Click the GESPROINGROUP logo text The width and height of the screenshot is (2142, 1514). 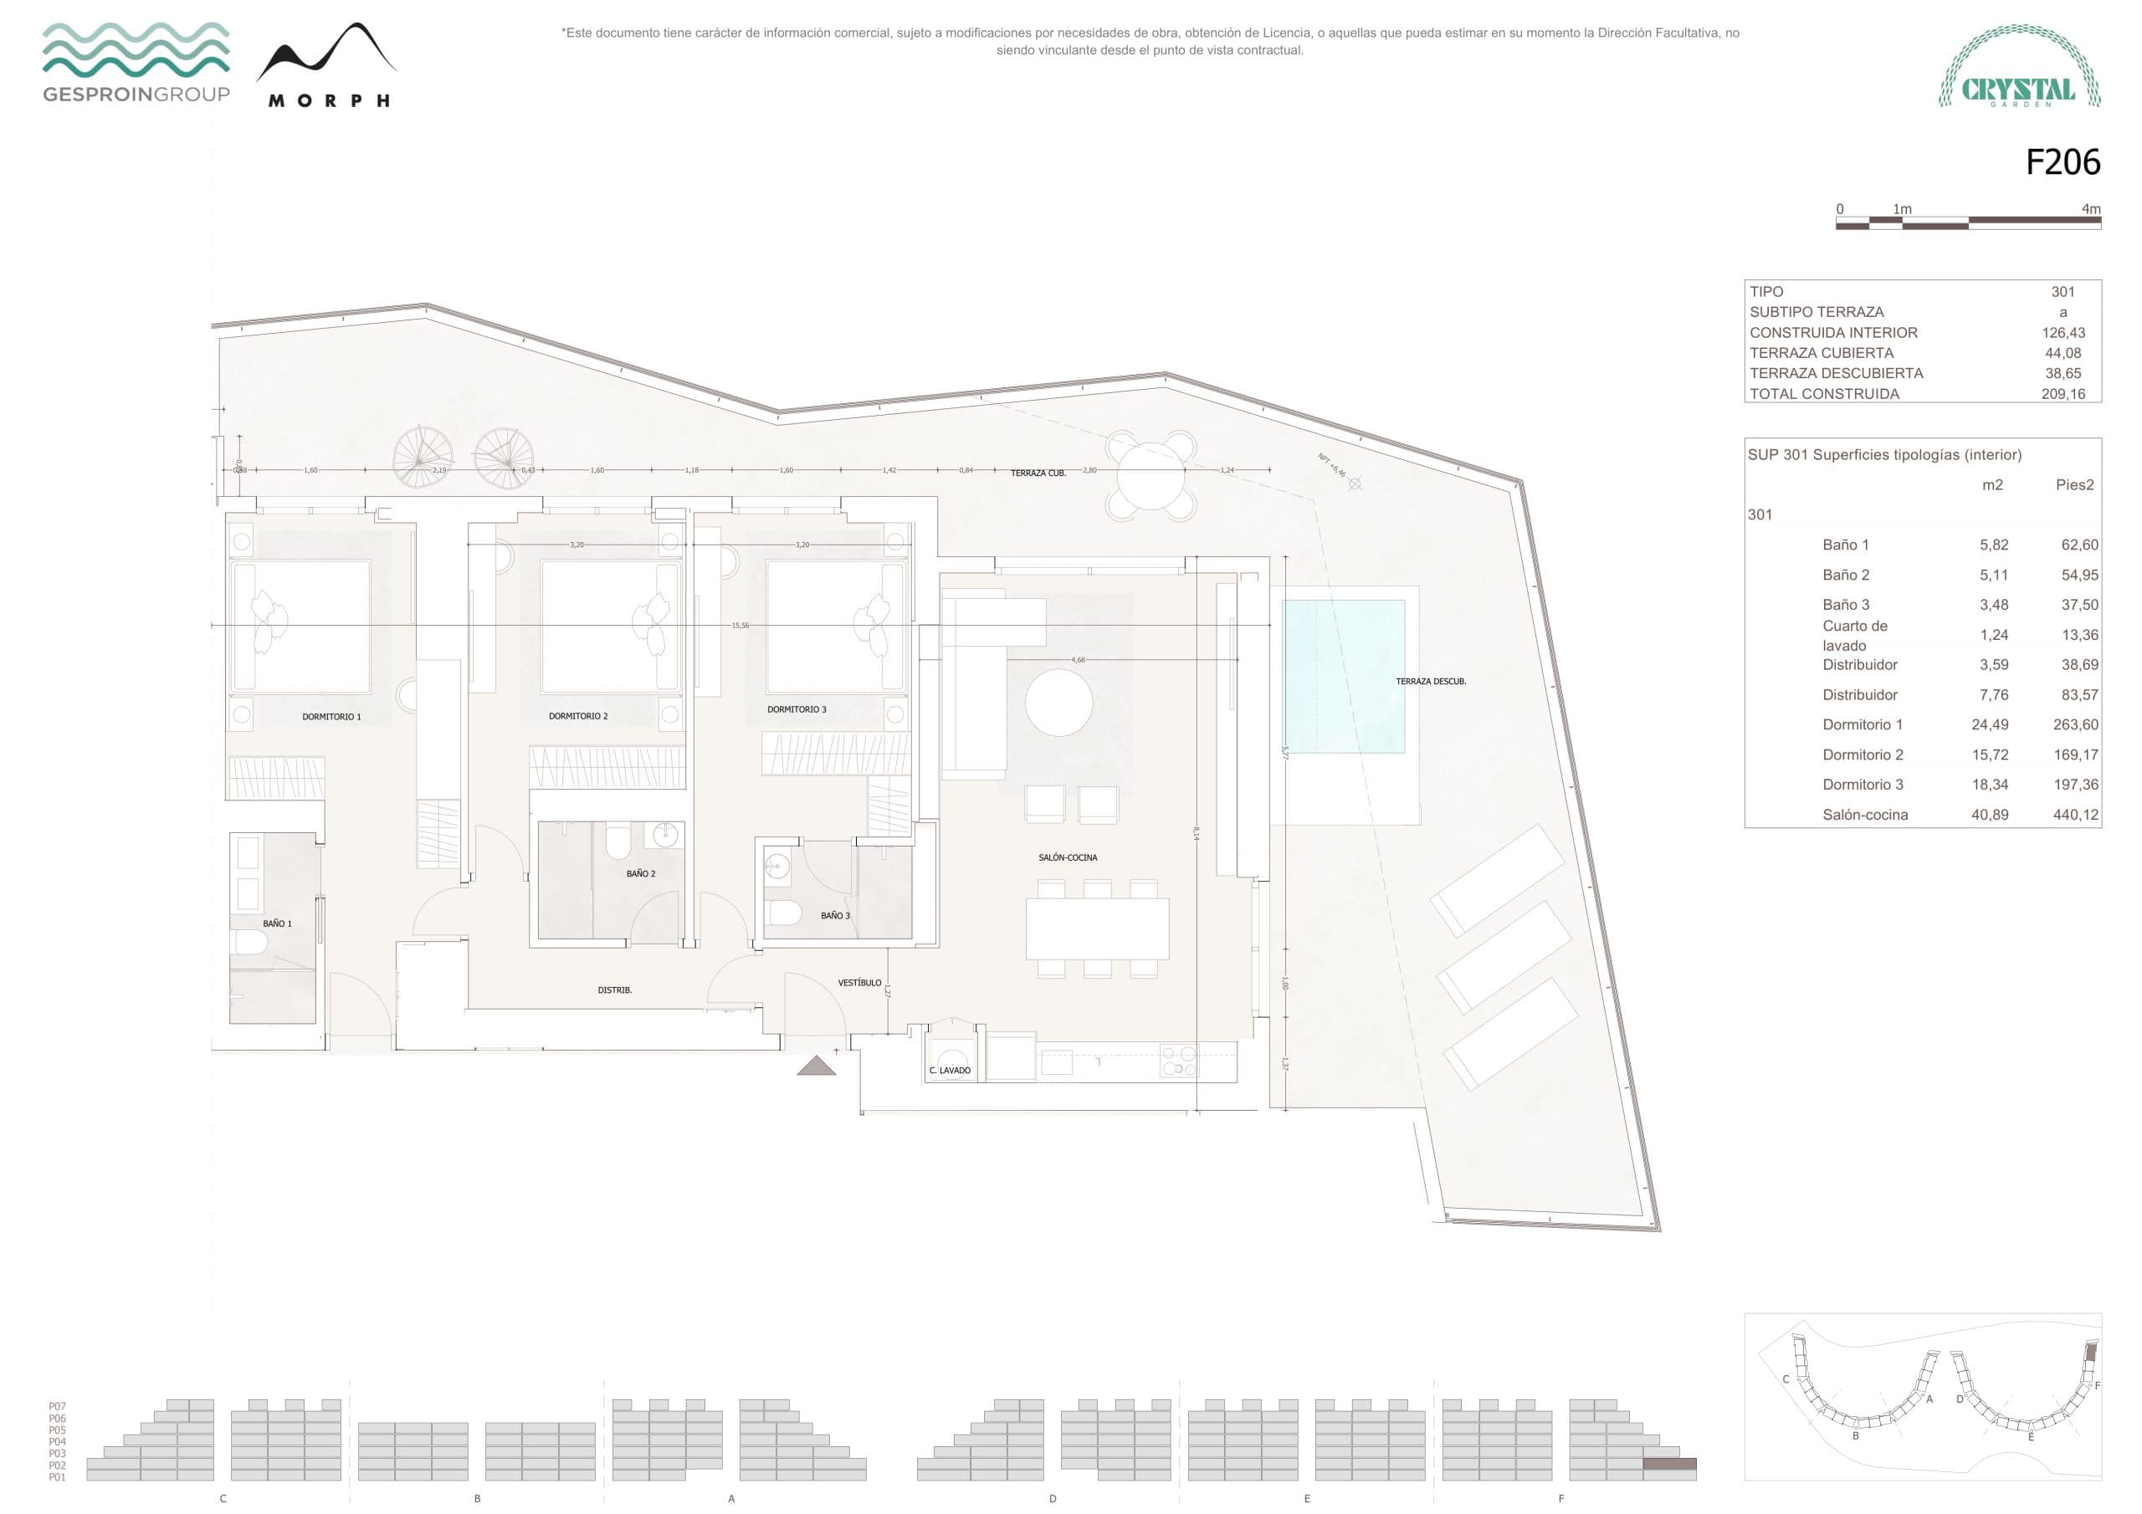(x=136, y=95)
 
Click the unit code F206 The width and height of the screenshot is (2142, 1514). (x=2062, y=162)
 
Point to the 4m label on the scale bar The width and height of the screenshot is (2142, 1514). (x=2091, y=209)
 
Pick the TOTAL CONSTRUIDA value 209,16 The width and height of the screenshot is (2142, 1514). (x=2063, y=394)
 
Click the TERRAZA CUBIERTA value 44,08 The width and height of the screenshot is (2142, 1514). (x=2063, y=353)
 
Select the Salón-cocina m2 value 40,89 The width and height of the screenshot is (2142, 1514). (x=1989, y=815)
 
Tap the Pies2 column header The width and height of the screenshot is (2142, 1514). (x=2074, y=484)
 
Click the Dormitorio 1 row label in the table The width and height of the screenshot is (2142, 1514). (x=1863, y=725)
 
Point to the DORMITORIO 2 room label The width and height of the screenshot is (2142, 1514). (x=577, y=716)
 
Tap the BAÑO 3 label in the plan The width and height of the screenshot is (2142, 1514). (x=835, y=916)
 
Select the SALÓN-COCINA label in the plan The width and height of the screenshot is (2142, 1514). (x=1068, y=857)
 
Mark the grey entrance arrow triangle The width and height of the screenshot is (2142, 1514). (x=817, y=1066)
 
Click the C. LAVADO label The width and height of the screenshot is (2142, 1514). (x=950, y=1071)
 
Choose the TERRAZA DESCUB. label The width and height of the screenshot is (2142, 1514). (x=1430, y=682)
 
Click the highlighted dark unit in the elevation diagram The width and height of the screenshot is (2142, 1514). (x=1669, y=1465)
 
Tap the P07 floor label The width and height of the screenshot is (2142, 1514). (x=57, y=1406)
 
